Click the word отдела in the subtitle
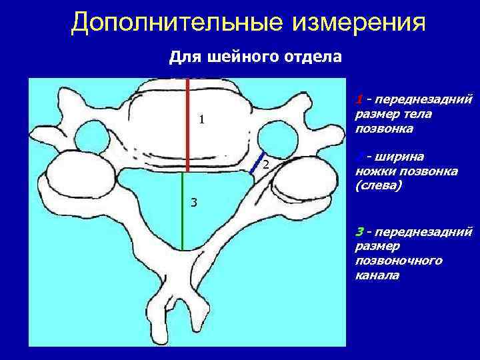[x=311, y=57]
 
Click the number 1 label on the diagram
[x=201, y=121]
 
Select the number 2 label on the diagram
[x=265, y=165]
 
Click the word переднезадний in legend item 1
[x=424, y=100]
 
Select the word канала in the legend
[x=378, y=275]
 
